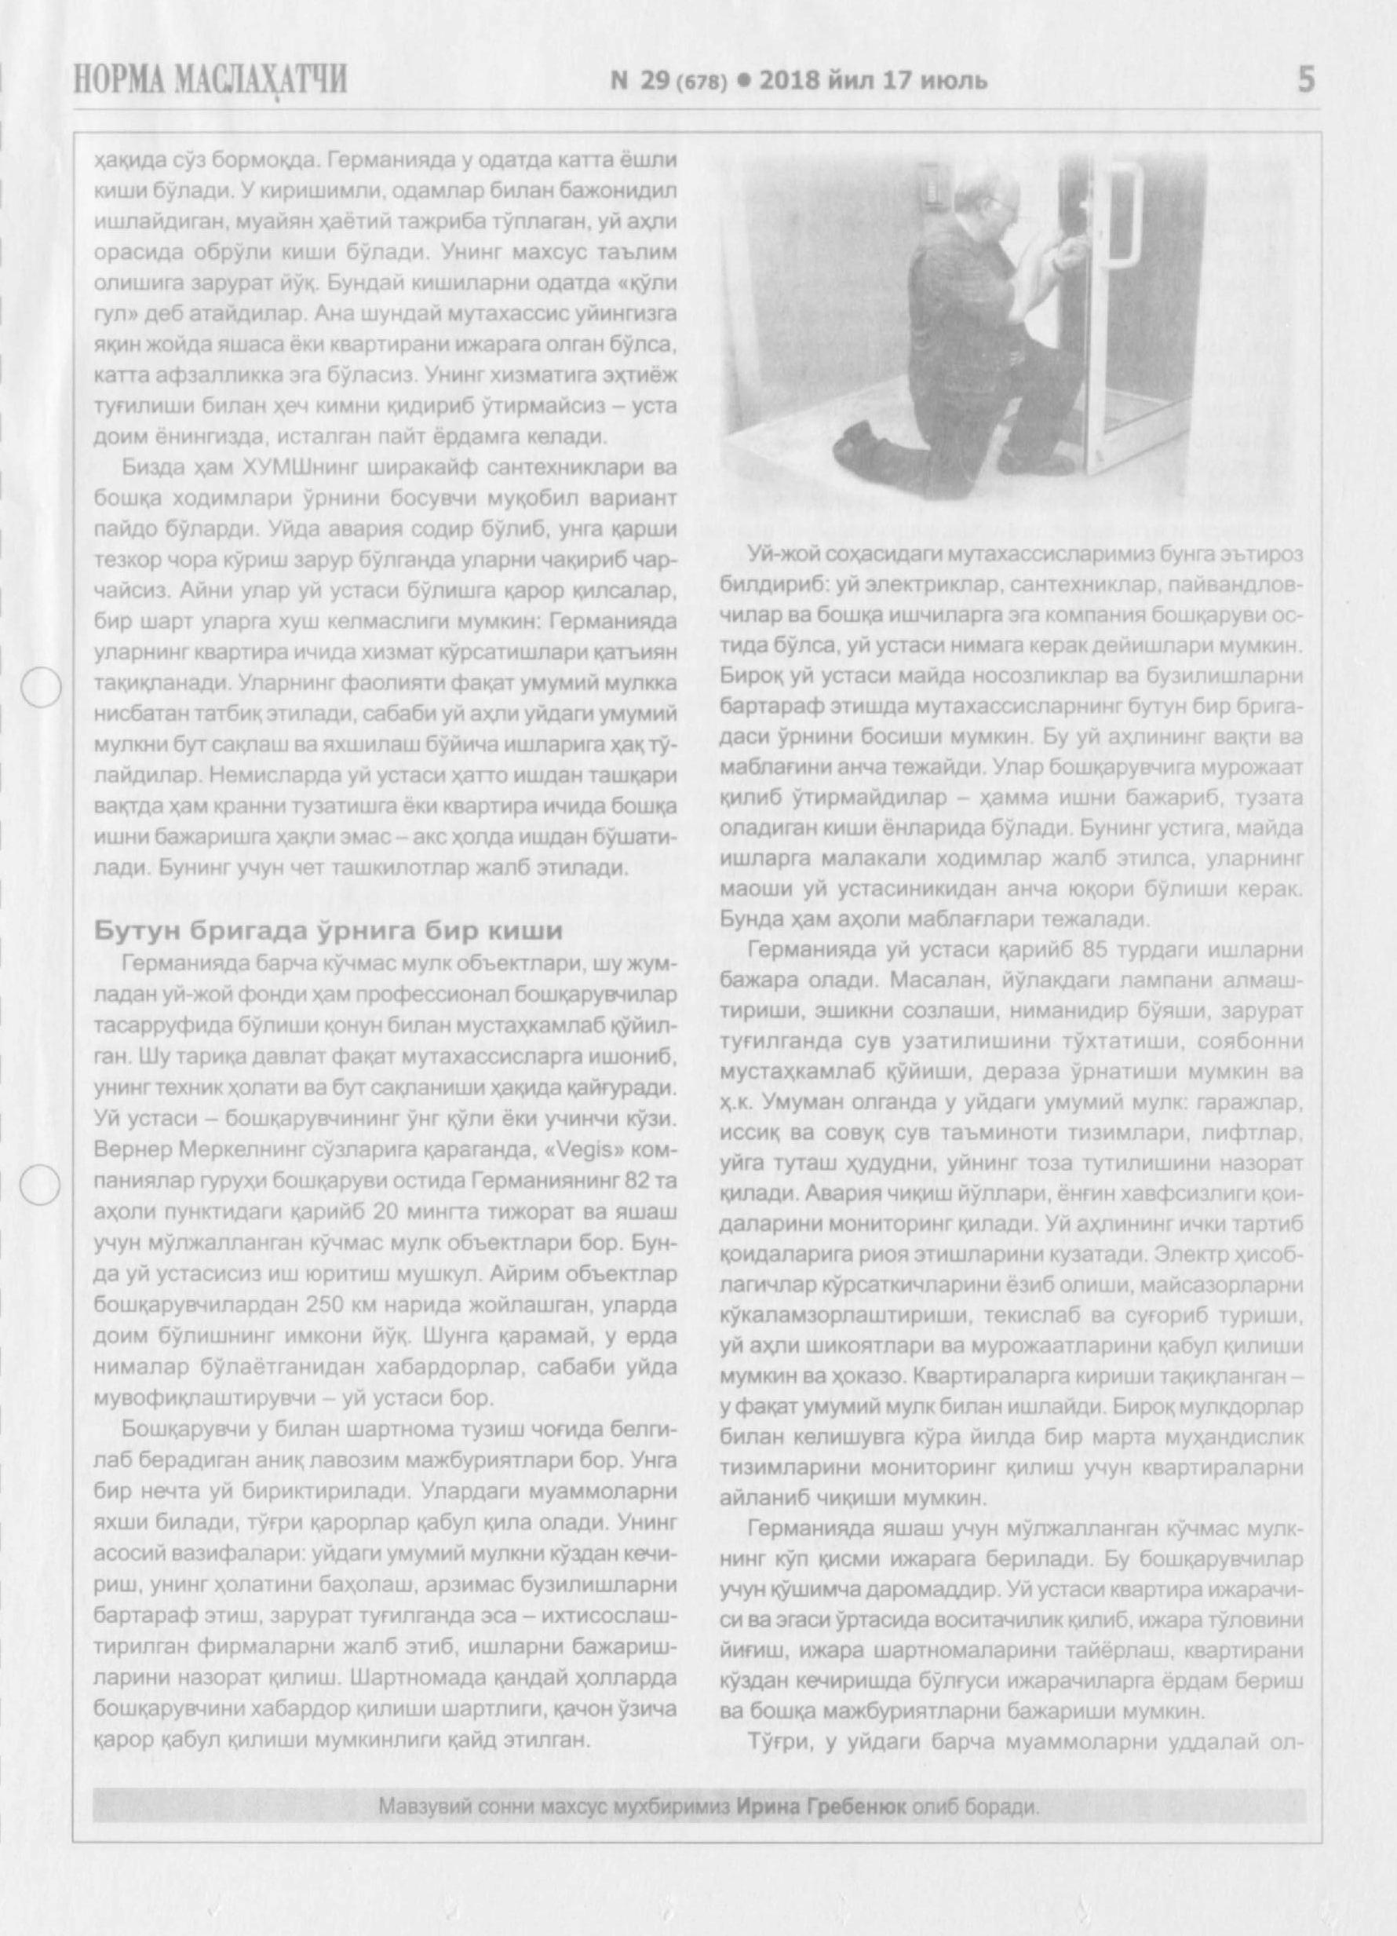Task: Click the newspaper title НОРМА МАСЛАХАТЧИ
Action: pyautogui.click(x=210, y=80)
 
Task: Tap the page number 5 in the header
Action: pyautogui.click(x=1305, y=80)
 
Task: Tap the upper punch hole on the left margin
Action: pyautogui.click(x=39, y=686)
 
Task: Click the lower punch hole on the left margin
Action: pyautogui.click(x=39, y=1185)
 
